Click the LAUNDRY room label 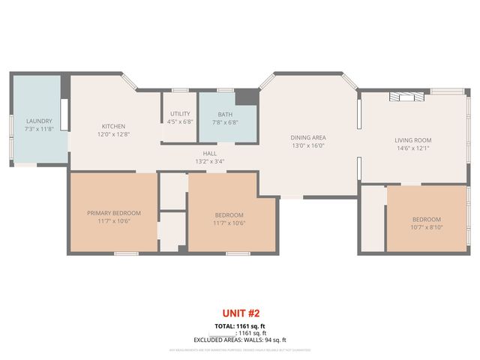pos(39,121)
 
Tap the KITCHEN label pos(114,126)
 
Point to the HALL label pos(210,153)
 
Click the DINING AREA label pos(308,137)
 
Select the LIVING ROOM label pos(413,140)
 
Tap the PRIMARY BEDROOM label pos(114,213)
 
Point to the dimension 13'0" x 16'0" pos(308,146)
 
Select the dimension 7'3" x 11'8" pos(39,129)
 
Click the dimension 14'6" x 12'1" pos(413,148)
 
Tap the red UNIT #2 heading pos(240,313)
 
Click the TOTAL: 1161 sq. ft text pos(240,326)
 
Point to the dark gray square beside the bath pos(245,97)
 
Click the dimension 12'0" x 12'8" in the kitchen pos(114,134)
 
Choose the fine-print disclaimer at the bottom pos(240,349)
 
